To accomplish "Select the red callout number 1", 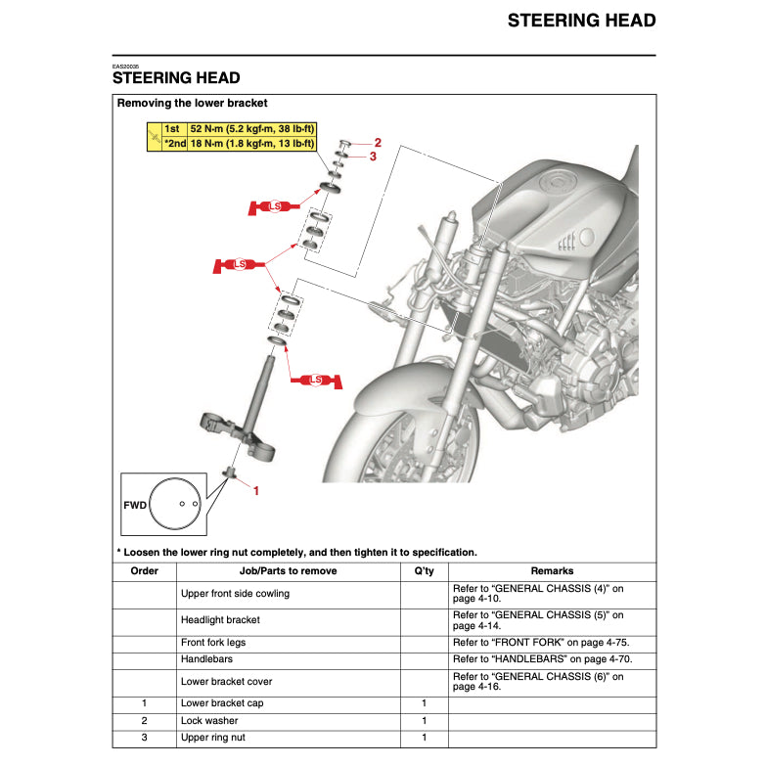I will point(256,491).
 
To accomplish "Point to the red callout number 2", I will point(378,143).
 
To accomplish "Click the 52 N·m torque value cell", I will point(252,129).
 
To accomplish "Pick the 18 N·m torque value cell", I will point(252,144).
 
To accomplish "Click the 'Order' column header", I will point(144,571).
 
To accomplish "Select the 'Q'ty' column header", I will point(423,571).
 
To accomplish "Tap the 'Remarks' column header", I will point(552,571).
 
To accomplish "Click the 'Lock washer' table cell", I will point(209,721).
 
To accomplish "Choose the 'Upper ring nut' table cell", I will point(213,738).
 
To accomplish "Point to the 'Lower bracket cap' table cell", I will point(222,703).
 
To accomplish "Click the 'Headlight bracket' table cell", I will point(220,620).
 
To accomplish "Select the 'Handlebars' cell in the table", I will point(206,660).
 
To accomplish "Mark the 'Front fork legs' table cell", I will point(213,643).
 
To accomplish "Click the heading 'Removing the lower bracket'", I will point(192,103).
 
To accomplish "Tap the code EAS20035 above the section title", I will point(127,67).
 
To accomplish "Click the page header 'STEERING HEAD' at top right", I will point(581,21).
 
